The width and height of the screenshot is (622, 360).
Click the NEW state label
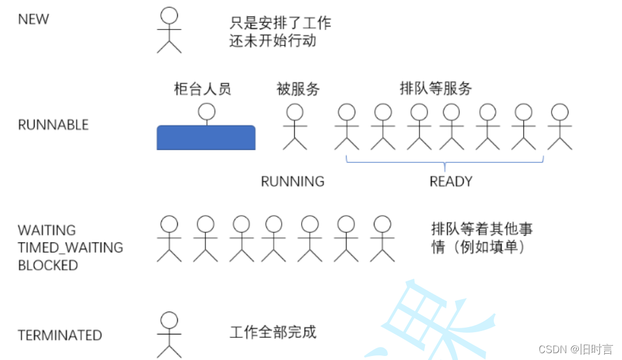tap(34, 19)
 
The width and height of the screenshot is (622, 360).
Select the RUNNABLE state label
tap(53, 125)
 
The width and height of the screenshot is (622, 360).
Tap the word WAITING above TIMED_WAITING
tap(47, 231)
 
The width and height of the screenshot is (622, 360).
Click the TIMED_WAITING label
tap(70, 248)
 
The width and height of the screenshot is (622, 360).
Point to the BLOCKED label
tap(48, 265)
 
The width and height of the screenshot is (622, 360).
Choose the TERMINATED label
tap(60, 336)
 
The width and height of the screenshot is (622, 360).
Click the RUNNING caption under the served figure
tap(293, 182)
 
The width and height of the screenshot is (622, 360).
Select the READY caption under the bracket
tap(451, 182)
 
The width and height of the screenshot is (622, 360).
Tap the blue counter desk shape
tap(206, 137)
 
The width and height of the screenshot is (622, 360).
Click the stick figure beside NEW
tap(169, 31)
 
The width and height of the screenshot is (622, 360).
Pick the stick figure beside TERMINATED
tap(169, 335)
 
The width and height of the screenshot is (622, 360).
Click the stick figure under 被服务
tap(295, 127)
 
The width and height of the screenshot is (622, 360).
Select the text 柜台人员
tap(203, 89)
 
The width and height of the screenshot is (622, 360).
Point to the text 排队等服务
tap(436, 89)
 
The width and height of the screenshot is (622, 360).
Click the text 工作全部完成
tap(273, 332)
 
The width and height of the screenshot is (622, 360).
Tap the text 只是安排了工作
tap(280, 23)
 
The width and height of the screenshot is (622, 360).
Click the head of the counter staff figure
tap(207, 111)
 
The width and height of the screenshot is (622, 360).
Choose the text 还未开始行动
tap(273, 41)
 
